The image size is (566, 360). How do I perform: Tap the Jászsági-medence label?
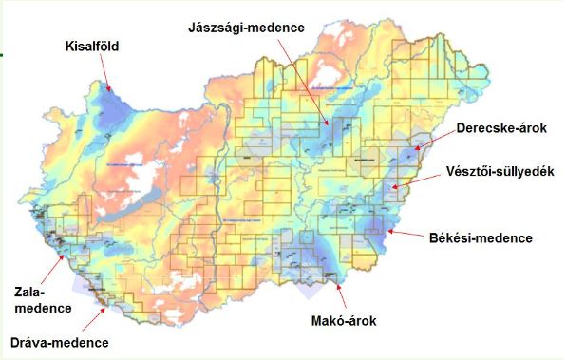(247, 28)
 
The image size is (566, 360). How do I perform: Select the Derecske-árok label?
(499, 127)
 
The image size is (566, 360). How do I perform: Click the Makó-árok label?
(344, 321)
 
